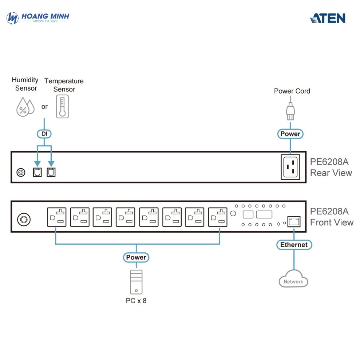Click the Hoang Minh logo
click(x=38, y=17)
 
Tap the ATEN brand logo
click(x=328, y=18)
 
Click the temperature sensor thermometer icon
click(x=62, y=106)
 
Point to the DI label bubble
click(x=44, y=134)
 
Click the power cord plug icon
click(x=290, y=110)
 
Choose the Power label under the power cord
click(x=290, y=134)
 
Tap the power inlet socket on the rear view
click(x=290, y=167)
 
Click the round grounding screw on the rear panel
click(x=21, y=173)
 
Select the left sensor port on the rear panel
click(x=37, y=173)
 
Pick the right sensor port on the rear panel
click(x=51, y=173)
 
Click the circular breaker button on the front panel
click(x=24, y=219)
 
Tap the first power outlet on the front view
click(x=56, y=217)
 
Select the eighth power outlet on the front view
click(x=218, y=217)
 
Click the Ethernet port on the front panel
click(x=293, y=221)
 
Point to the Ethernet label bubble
click(x=294, y=245)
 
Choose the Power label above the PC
click(x=136, y=257)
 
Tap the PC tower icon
click(x=136, y=282)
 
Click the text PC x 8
click(x=136, y=301)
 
